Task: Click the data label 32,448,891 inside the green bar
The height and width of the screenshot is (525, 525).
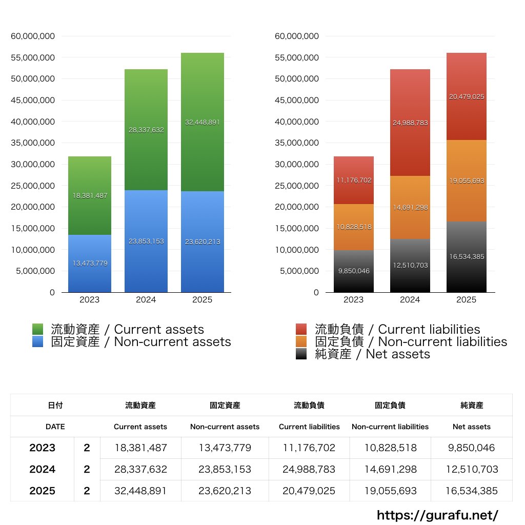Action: click(203, 123)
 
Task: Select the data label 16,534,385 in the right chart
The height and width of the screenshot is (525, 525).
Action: click(467, 257)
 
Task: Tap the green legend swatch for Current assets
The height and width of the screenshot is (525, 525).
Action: click(37, 329)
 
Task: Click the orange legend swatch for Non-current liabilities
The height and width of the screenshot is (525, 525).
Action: click(301, 341)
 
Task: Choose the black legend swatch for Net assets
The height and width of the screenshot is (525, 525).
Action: click(301, 354)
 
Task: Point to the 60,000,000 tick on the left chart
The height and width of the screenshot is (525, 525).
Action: click(33, 36)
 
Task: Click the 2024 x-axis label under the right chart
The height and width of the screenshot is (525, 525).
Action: click(410, 300)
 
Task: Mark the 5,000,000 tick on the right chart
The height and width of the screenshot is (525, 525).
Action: click(297, 271)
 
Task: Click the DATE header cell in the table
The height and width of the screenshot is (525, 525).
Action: click(55, 427)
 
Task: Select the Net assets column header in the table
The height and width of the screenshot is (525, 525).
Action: click(472, 427)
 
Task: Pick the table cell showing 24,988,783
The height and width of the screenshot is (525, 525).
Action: click(309, 469)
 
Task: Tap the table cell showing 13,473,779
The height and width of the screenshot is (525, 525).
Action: click(225, 448)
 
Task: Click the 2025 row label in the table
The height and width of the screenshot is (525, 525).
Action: click(42, 491)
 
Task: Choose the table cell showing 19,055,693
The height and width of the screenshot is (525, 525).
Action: click(390, 491)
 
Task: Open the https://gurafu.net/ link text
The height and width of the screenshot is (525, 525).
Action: click(437, 515)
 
